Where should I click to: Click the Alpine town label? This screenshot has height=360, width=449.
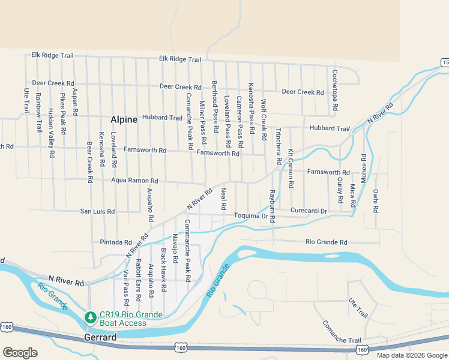pyautogui.click(x=124, y=119)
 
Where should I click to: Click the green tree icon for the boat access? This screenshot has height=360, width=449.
pyautogui.click(x=90, y=317)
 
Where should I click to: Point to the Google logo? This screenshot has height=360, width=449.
pyautogui.click(x=20, y=353)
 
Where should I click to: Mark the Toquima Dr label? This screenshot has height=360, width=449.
pyautogui.click(x=250, y=216)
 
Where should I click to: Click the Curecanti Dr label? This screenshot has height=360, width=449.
pyautogui.click(x=308, y=211)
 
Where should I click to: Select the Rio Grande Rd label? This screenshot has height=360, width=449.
pyautogui.click(x=326, y=242)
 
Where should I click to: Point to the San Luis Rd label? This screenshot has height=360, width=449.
pyautogui.click(x=97, y=211)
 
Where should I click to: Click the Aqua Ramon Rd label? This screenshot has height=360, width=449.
pyautogui.click(x=134, y=180)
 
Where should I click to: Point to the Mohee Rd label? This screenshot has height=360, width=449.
pyautogui.click(x=363, y=168)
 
